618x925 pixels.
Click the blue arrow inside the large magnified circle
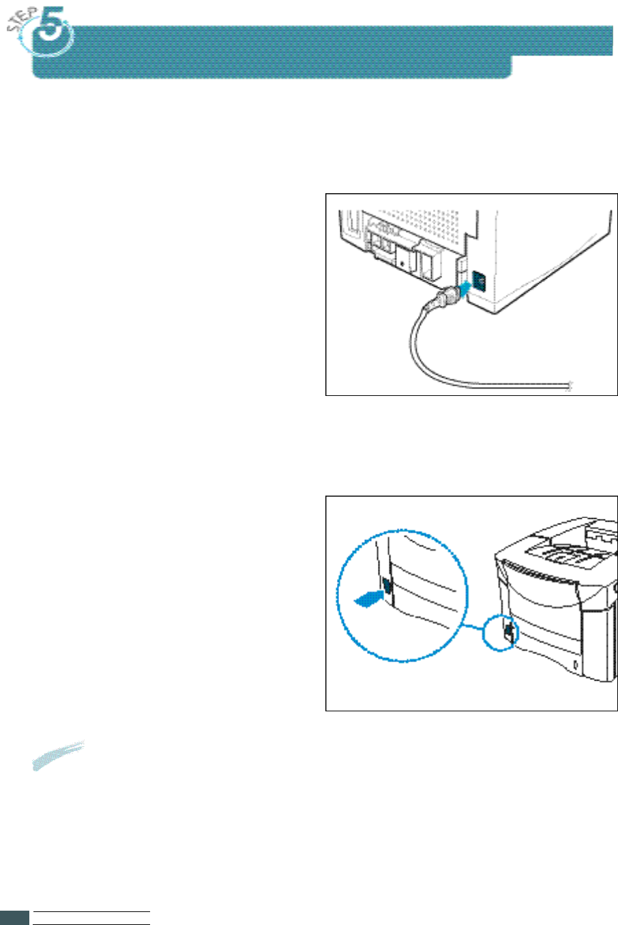coord(366,598)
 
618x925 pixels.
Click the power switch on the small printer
coord(509,632)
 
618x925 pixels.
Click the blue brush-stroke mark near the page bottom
coord(59,755)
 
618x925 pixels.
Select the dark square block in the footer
coord(14,917)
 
